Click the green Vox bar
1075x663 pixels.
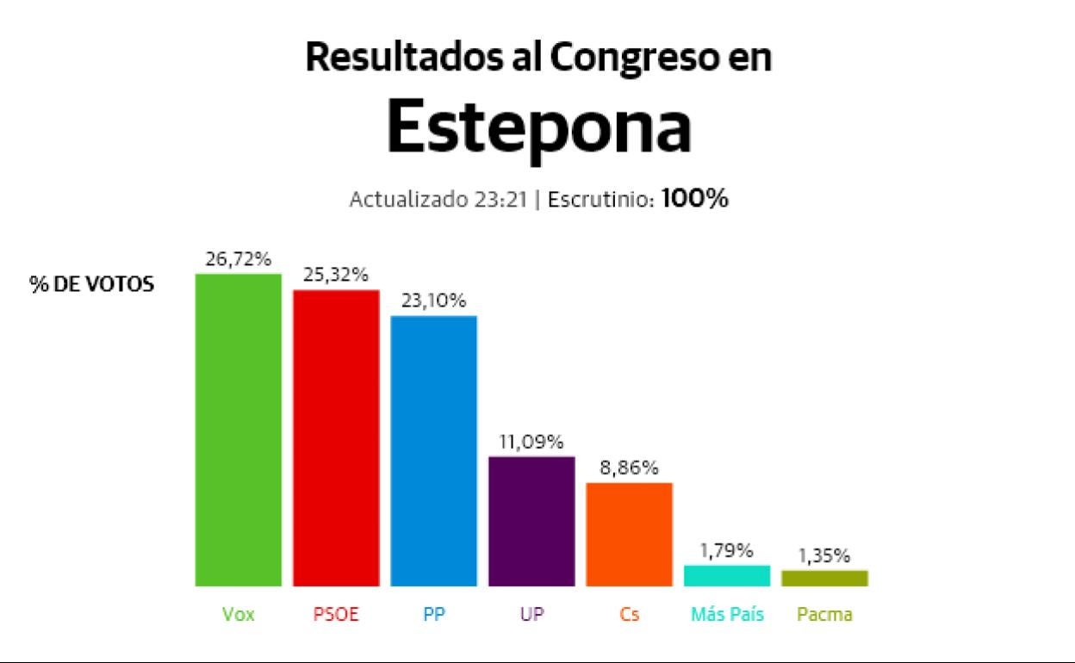(239, 430)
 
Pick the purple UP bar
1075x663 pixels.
(531, 521)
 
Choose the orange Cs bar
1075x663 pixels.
(629, 534)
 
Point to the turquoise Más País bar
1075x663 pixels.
(727, 575)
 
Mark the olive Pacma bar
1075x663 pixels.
(824, 578)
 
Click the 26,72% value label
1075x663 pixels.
(239, 258)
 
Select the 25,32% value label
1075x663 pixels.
(336, 275)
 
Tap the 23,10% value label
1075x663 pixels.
(433, 301)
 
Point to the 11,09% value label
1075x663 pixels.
(531, 442)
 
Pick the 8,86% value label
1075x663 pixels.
(629, 468)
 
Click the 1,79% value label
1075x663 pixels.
(727, 549)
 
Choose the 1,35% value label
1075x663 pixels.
(824, 555)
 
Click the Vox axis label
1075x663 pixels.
(239, 615)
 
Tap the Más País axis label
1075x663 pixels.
(727, 615)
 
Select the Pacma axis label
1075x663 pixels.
(824, 615)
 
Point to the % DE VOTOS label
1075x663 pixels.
(92, 285)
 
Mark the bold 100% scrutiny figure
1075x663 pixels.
(695, 199)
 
